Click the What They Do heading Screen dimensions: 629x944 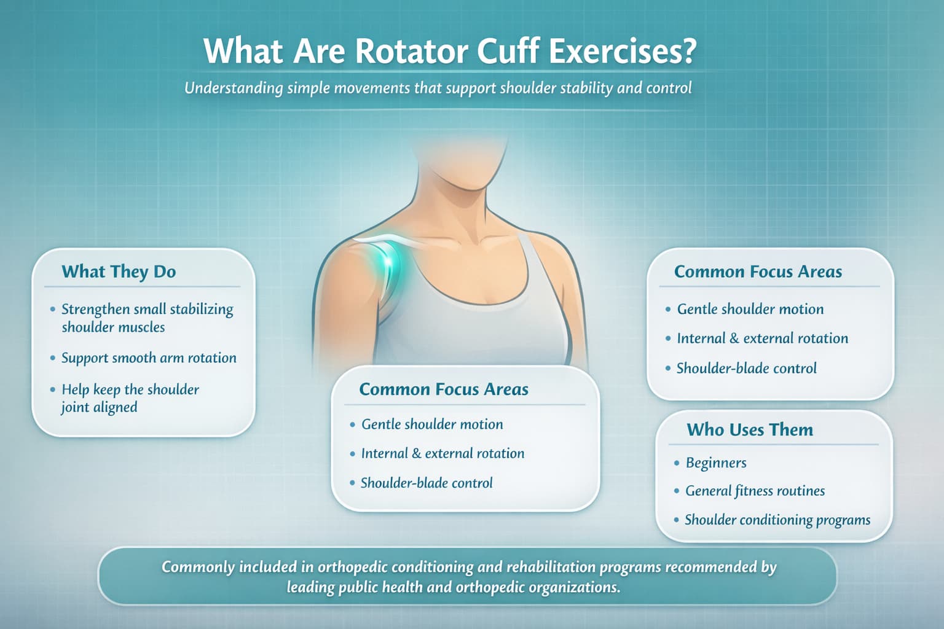tap(119, 272)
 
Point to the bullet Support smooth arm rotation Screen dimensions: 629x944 tap(149, 358)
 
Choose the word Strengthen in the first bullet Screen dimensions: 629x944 tap(95, 309)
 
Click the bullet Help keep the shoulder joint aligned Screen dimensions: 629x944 tap(130, 398)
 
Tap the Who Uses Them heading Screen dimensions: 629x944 tap(750, 429)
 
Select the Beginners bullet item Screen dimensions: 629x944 tap(716, 463)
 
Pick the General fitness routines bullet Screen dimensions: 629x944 tap(755, 491)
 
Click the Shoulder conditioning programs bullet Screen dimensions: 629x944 tap(777, 520)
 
